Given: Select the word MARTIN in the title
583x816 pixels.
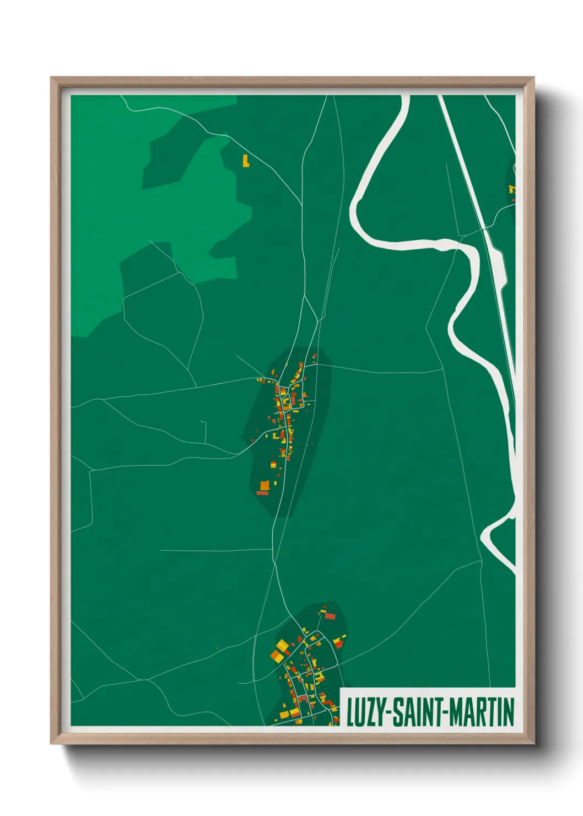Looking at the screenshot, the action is pos(482,712).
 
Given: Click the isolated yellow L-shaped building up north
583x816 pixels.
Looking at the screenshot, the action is pos(246,161).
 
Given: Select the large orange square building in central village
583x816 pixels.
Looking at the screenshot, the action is pos(264,485).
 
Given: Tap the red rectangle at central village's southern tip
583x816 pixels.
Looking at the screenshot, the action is pos(262,493).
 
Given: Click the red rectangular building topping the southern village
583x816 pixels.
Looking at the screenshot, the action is pos(330,615).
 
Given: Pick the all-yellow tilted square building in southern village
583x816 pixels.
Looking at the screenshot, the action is pos(282,645).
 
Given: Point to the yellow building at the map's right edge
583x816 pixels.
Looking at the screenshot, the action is pos(512,189).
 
